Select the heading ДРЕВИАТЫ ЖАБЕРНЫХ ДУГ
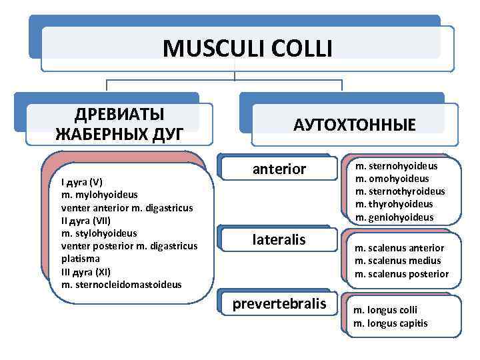(x=120, y=123)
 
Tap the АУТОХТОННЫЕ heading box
(x=355, y=125)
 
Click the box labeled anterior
(x=279, y=169)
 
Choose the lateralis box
(x=279, y=239)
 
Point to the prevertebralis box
(x=279, y=304)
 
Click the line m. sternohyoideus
(x=396, y=166)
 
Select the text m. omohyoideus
(x=392, y=179)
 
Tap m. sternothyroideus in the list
(x=400, y=191)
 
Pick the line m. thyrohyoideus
(x=394, y=204)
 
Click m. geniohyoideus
(x=394, y=217)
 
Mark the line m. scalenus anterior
(x=399, y=248)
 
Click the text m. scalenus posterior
(x=401, y=274)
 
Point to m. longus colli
(x=385, y=310)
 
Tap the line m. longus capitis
(x=390, y=323)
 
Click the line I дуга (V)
(x=81, y=181)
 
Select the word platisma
(x=80, y=259)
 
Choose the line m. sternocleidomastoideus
(x=121, y=285)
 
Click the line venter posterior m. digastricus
(x=129, y=246)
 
